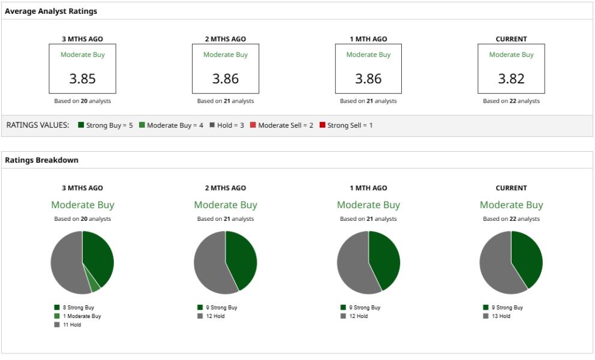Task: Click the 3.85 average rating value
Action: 82,79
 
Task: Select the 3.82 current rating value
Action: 511,79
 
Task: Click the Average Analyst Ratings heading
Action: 51,11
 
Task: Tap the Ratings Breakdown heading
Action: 41,160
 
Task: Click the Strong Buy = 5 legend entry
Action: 106,125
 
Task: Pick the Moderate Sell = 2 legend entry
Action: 281,125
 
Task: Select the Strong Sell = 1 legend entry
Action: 346,125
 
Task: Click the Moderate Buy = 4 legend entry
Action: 171,125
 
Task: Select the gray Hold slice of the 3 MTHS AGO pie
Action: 66,264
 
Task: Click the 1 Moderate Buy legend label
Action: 82,316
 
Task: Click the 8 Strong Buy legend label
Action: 79,307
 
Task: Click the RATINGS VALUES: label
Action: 37,125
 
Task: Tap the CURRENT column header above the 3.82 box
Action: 511,39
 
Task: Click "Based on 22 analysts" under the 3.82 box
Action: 511,101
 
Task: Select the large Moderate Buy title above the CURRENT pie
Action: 511,205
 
